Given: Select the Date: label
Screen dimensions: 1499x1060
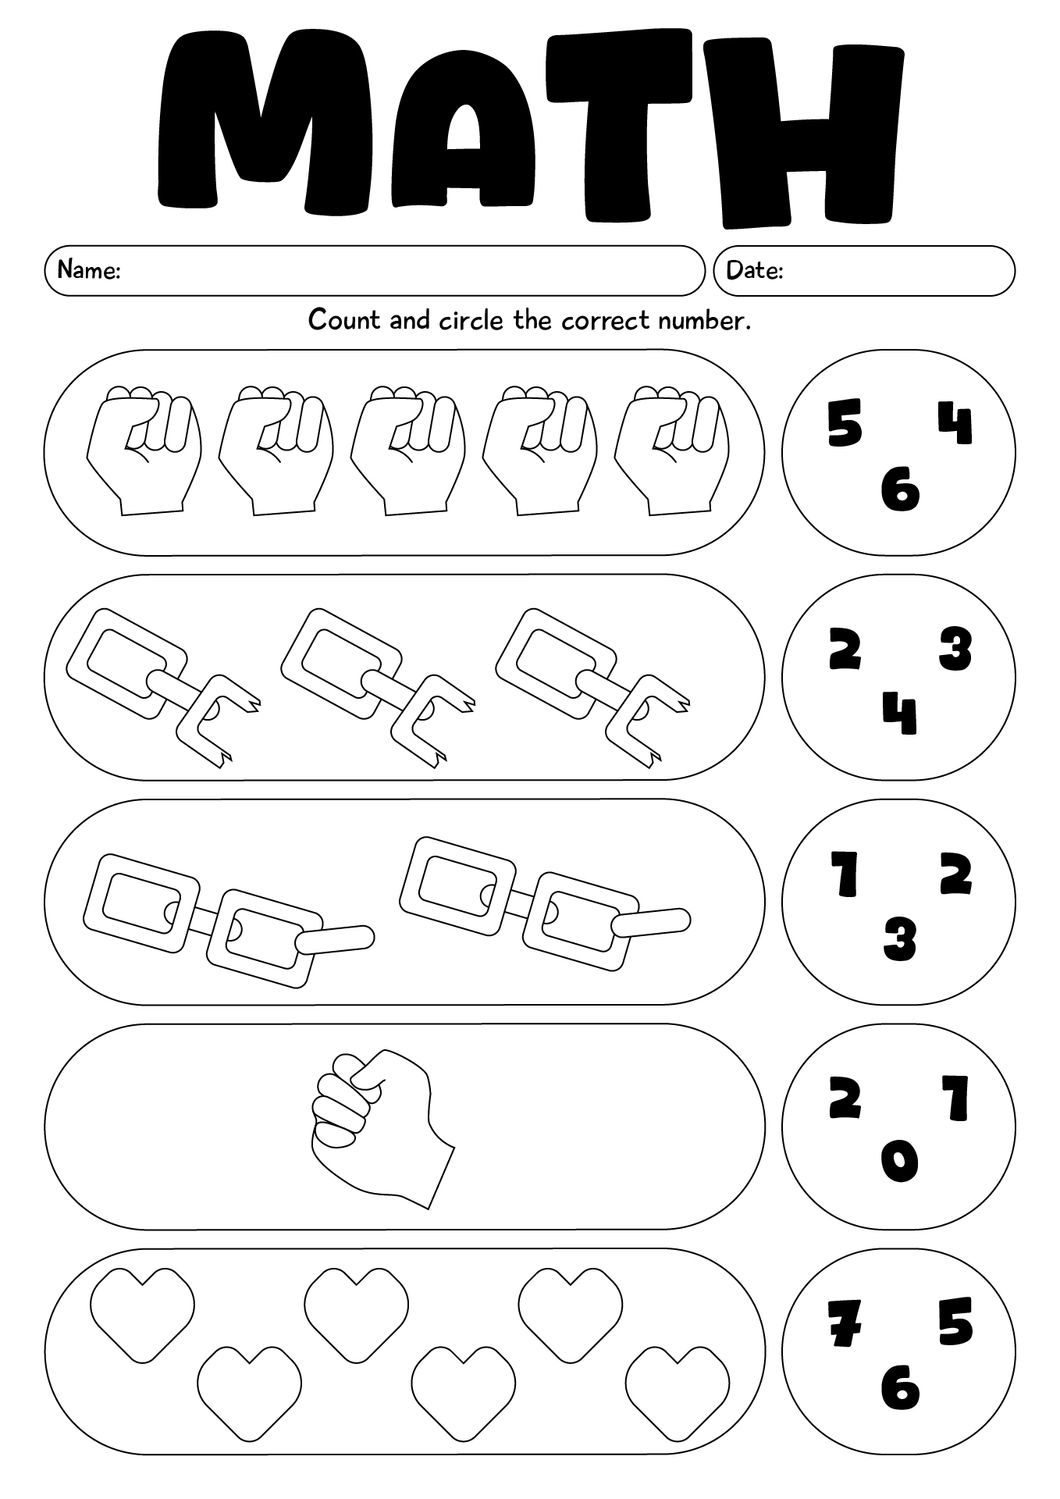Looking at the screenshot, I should (754, 270).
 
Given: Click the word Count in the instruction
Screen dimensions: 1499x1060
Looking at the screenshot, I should (343, 320).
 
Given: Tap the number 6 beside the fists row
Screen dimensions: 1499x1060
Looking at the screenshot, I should (900, 491).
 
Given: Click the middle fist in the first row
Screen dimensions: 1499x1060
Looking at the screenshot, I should (407, 450).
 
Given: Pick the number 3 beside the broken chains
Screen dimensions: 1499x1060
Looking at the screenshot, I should (955, 649).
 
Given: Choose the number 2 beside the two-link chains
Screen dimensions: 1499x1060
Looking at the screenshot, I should (955, 874).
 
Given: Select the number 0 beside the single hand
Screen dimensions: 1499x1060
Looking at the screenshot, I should (900, 1162).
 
